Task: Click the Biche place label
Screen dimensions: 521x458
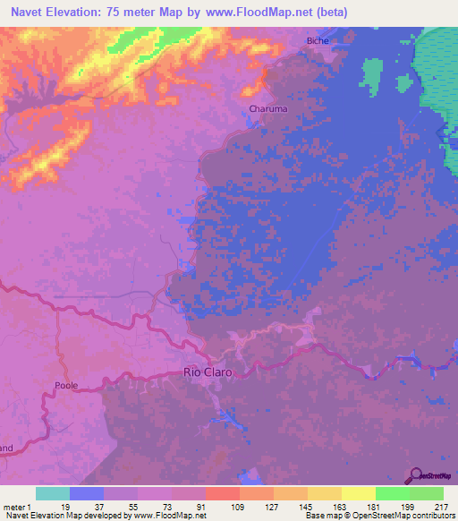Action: [x=318, y=40]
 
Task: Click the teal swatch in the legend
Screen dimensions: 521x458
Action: [x=52, y=493]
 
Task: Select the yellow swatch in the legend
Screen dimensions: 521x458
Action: [x=358, y=493]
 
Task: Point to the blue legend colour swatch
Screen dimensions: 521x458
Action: [x=86, y=493]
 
